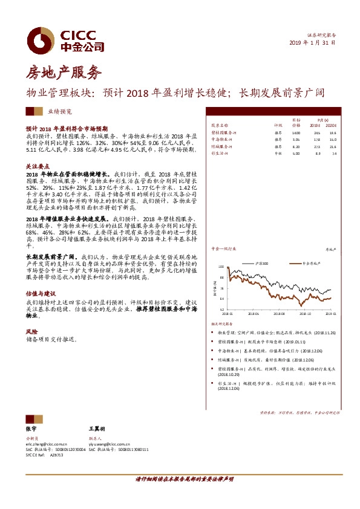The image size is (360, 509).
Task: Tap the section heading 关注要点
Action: pyautogui.click(x=38, y=165)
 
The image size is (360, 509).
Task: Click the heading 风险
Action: pyautogui.click(x=31, y=332)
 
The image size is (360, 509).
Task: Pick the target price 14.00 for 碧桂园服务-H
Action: pyautogui.click(x=296, y=132)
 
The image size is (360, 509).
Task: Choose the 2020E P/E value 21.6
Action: pyautogui.click(x=333, y=146)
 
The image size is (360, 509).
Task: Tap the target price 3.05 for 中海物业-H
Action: pyautogui.click(x=296, y=139)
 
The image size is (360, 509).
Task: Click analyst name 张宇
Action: pyautogui.click(x=31, y=427)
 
